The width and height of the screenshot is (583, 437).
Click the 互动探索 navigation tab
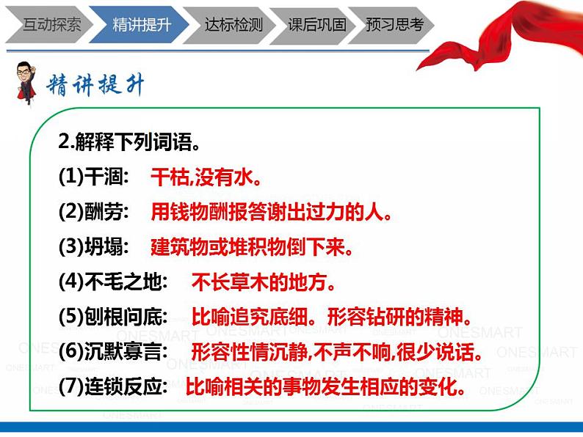[x=51, y=24]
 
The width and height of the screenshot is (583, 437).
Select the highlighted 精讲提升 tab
[x=141, y=24]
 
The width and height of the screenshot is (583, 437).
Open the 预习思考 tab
[x=395, y=24]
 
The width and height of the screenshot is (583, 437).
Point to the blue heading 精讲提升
[x=95, y=86]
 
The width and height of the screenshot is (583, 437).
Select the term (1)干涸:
[x=93, y=177]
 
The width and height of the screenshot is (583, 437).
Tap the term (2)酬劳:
[x=93, y=212]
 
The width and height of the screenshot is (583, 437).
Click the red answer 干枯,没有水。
[x=206, y=177]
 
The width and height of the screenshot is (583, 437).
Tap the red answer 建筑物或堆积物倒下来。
[x=253, y=247]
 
